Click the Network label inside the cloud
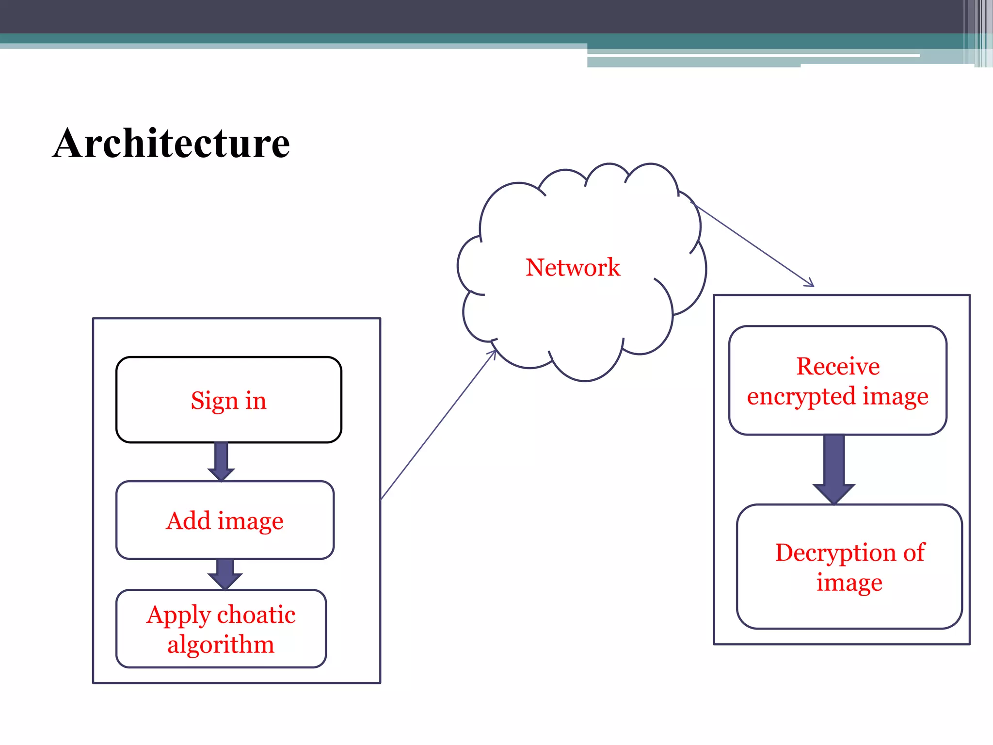tap(573, 267)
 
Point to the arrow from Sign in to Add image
tap(221, 461)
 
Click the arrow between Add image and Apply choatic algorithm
tap(225, 574)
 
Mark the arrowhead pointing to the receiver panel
tap(810, 283)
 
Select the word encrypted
tap(801, 397)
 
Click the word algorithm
tap(221, 645)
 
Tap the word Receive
tap(837, 366)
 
